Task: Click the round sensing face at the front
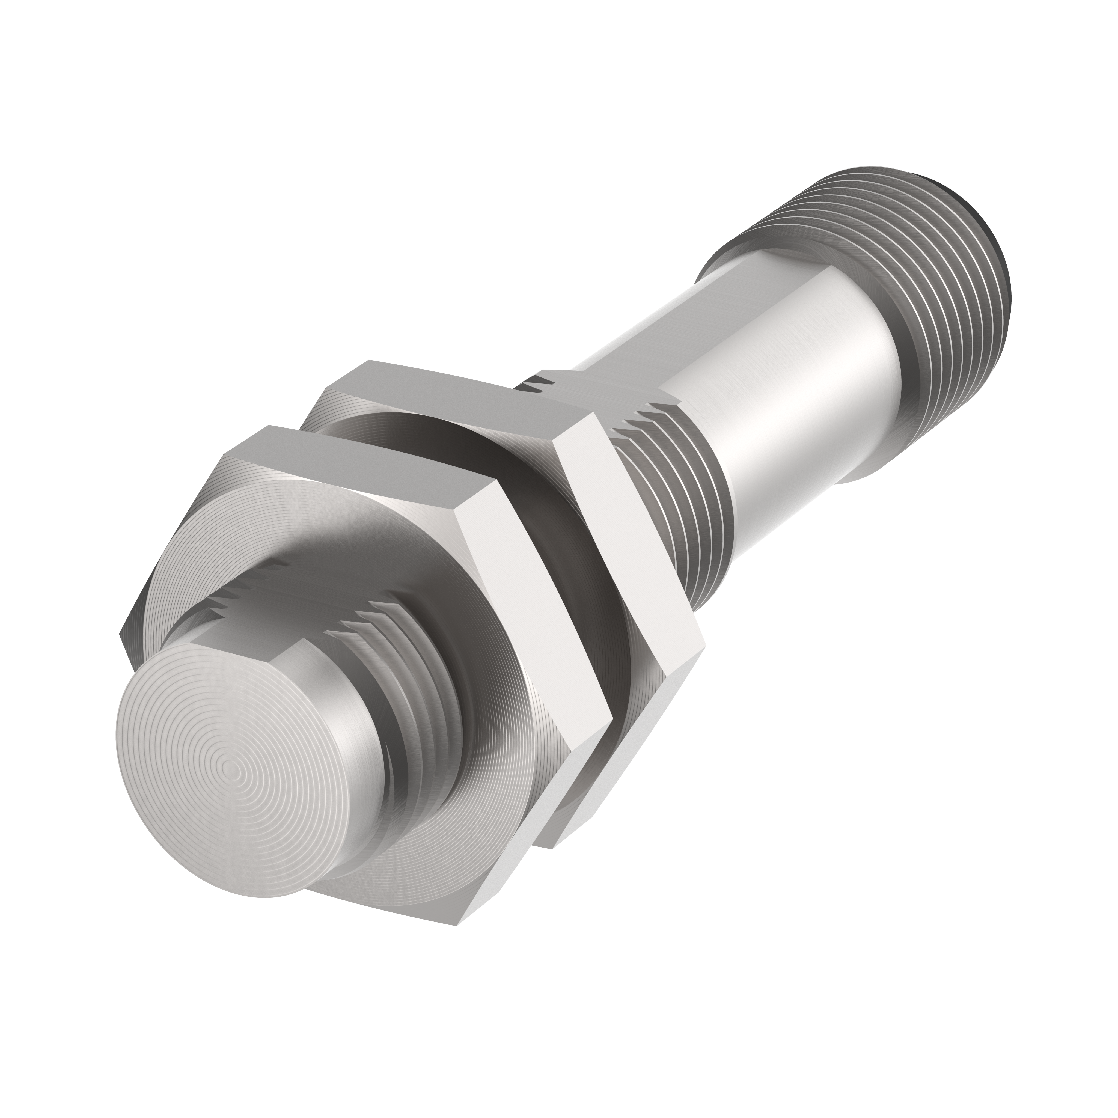(x=231, y=775)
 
